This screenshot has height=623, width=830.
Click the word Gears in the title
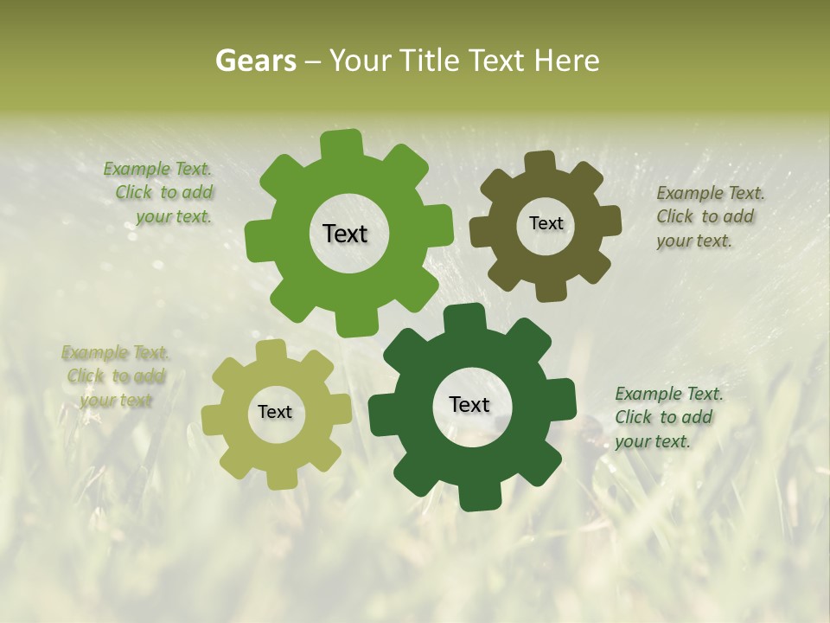(256, 61)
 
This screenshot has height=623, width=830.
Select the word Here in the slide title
(566, 61)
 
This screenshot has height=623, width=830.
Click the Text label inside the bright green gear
(345, 234)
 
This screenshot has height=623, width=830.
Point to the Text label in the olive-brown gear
(546, 223)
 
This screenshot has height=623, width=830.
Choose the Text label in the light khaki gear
(275, 412)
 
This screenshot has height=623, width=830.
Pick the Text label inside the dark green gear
(469, 404)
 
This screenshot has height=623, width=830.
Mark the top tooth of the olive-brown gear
(540, 162)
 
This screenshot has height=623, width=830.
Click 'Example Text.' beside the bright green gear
(157, 169)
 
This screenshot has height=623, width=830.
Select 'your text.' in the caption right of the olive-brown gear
(694, 241)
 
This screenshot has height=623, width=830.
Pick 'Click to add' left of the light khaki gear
(116, 376)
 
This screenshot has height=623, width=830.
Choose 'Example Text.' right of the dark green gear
(669, 394)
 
